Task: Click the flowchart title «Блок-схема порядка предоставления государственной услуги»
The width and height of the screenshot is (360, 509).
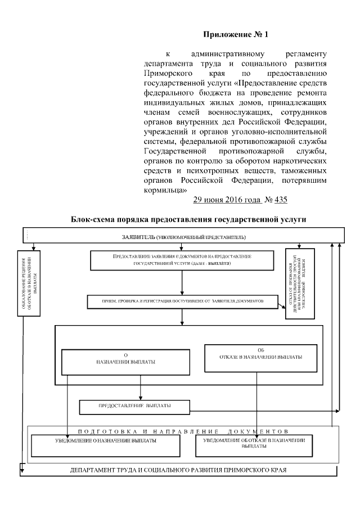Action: point(188,219)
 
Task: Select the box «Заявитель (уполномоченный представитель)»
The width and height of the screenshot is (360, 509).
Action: point(184,236)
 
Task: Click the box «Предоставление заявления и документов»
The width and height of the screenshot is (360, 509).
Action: point(181,259)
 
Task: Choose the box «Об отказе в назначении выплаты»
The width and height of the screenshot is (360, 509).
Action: point(256,354)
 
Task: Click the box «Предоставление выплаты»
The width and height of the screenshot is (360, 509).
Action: point(135,406)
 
